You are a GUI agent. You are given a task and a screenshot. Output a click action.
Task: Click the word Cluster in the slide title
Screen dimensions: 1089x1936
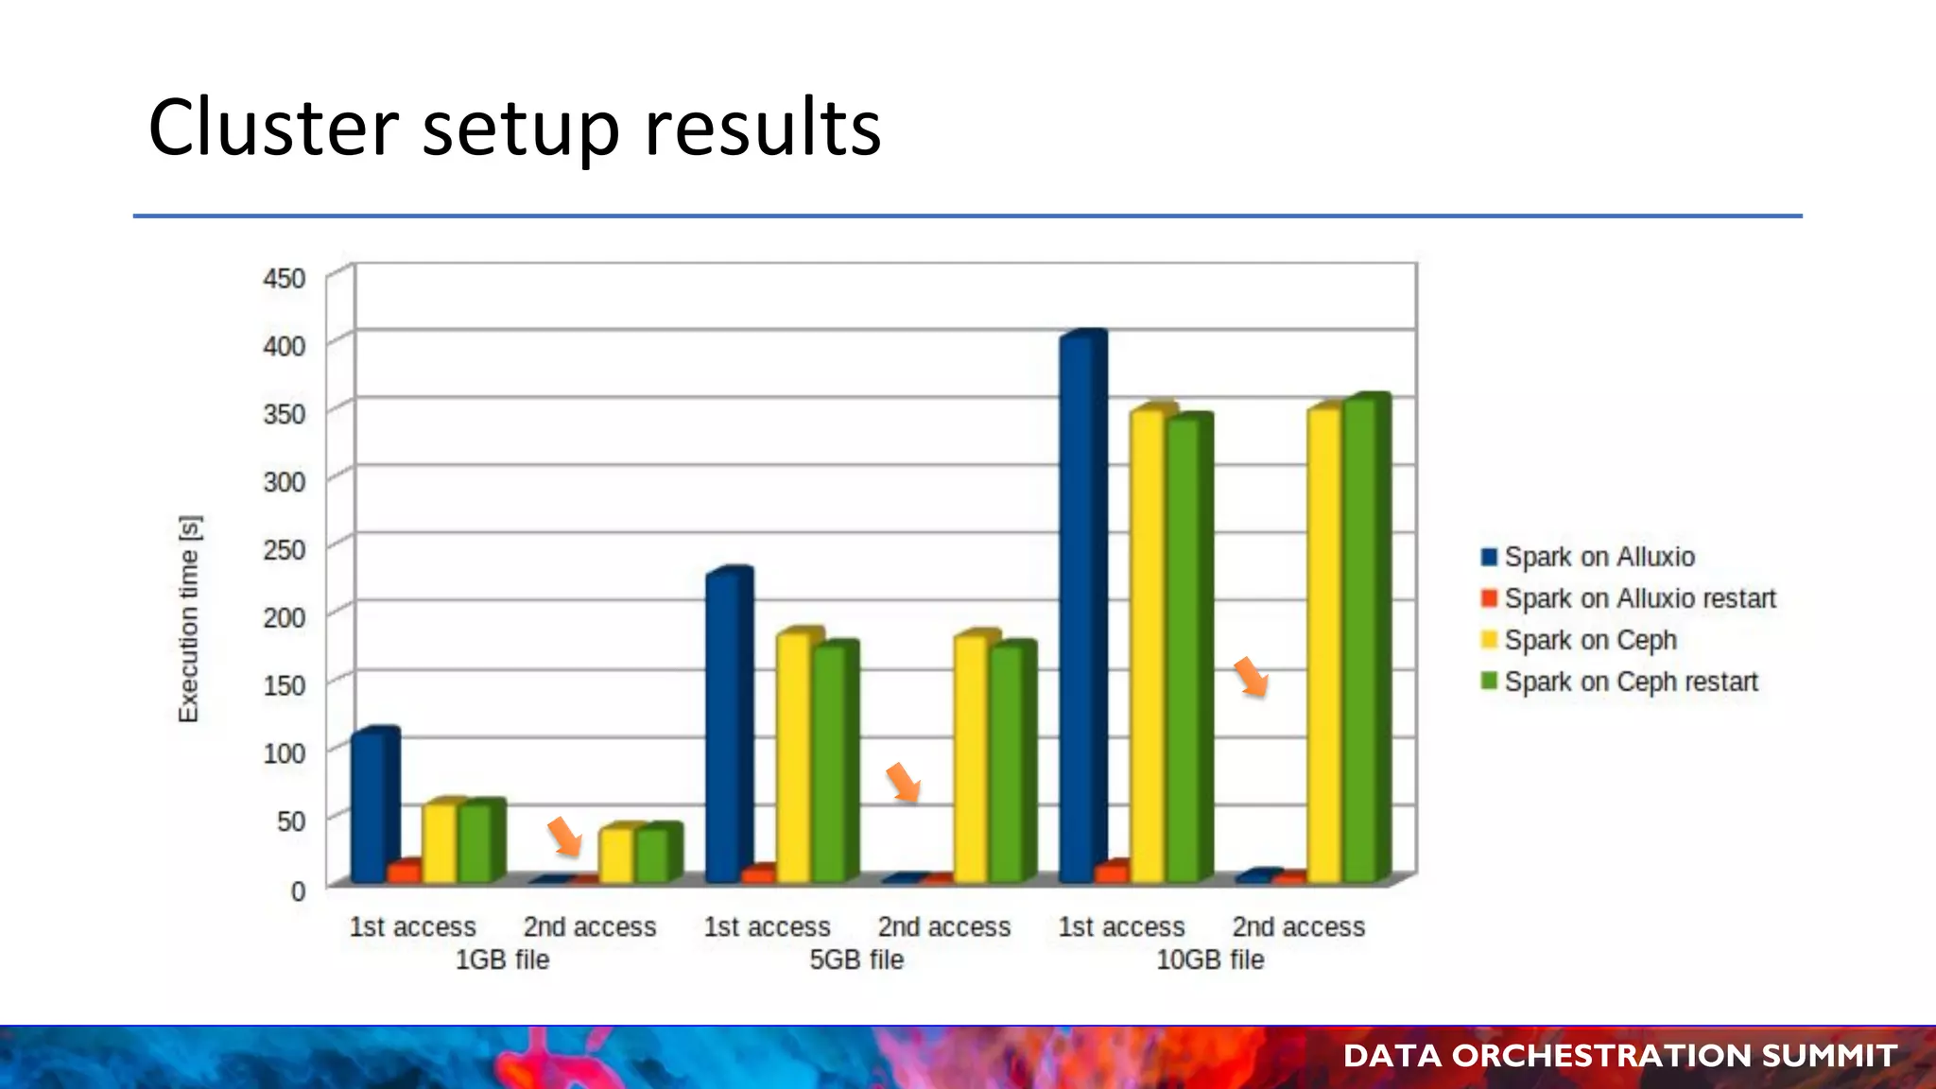tap(273, 128)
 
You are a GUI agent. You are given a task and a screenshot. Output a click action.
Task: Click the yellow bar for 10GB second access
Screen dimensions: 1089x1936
tap(1323, 643)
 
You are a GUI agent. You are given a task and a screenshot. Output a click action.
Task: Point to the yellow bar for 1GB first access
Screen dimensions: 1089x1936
tap(439, 841)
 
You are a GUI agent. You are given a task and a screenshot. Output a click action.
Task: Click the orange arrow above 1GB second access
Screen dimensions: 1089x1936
tap(564, 836)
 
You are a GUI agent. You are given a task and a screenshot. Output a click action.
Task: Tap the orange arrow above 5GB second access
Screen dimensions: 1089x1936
tap(903, 782)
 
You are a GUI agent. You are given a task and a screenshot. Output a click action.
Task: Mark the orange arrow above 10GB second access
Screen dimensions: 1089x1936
tap(1251, 676)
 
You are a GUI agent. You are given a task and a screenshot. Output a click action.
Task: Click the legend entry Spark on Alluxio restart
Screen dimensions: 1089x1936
tap(1639, 598)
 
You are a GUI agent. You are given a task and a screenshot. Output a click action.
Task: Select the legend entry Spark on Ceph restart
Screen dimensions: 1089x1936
tap(1630, 682)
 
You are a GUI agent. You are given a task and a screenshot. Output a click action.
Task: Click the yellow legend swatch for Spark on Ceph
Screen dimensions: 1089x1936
tap(1489, 640)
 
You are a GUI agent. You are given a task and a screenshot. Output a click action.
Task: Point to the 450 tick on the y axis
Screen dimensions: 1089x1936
tap(284, 279)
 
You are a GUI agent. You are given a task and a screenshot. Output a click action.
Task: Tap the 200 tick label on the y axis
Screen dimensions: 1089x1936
tap(284, 617)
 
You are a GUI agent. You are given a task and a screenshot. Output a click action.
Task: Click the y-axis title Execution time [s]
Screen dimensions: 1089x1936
tap(189, 619)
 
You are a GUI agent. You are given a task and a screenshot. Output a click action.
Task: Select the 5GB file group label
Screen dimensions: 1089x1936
tap(856, 959)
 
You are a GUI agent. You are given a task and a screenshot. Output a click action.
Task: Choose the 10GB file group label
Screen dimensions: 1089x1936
tap(1210, 959)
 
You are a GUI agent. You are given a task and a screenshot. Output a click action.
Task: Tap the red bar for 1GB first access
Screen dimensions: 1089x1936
tap(404, 872)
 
